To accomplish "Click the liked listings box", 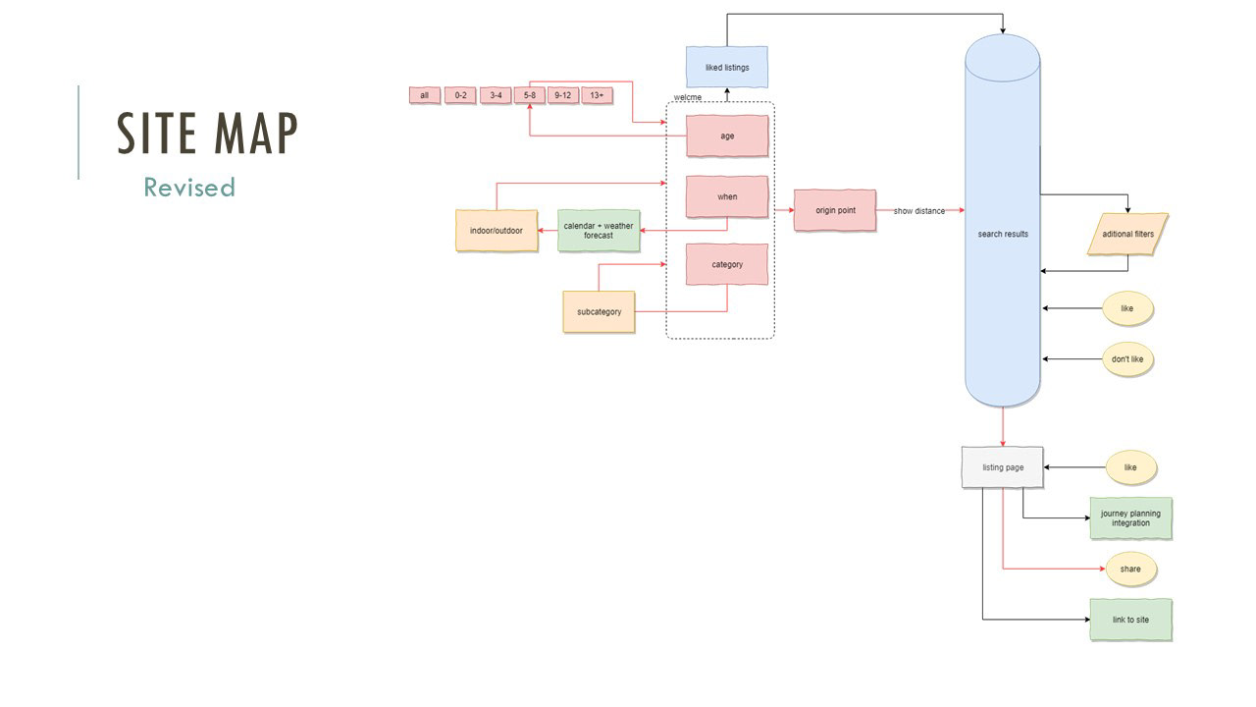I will (726, 67).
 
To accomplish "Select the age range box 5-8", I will (529, 95).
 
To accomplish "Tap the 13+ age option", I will (597, 95).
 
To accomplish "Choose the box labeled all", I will (424, 95).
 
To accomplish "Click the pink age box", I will (726, 136).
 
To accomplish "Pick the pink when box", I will (726, 196).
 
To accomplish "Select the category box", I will (726, 264).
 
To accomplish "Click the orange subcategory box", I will (599, 311).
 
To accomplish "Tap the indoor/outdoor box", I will (497, 231).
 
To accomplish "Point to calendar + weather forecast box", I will (599, 231).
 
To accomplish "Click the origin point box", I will (835, 210).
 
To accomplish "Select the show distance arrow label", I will (918, 211).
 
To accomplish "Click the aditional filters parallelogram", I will (1127, 234).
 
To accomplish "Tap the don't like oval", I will (1126, 359).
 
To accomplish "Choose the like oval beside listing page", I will (1130, 467).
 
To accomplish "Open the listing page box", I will (1003, 467).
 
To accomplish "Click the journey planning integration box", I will (1130, 517).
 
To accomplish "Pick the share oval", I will (1130, 569).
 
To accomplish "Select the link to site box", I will (1130, 620).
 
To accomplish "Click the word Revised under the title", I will (189, 188).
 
